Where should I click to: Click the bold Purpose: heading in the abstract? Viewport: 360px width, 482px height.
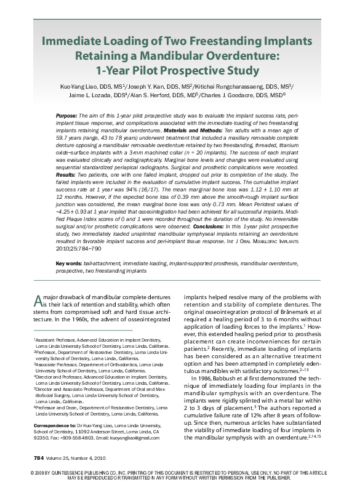click(66, 116)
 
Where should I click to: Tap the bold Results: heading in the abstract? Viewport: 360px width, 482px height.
click(66, 175)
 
